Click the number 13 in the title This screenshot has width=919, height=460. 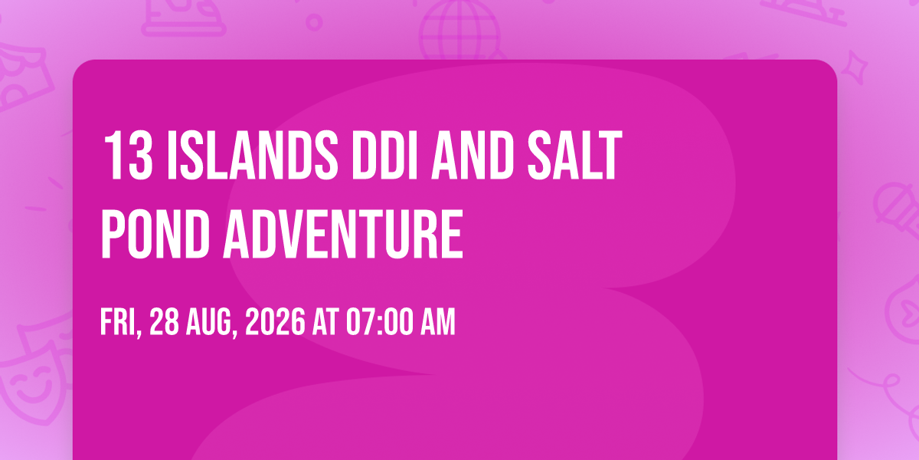(128, 155)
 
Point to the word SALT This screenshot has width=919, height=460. (575, 155)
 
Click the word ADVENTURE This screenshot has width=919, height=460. (343, 234)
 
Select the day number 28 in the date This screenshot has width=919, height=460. (164, 323)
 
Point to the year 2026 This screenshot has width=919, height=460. (275, 323)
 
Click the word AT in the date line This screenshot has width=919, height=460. (325, 323)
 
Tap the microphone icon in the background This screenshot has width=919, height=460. (897, 210)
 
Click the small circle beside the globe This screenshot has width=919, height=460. (314, 22)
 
